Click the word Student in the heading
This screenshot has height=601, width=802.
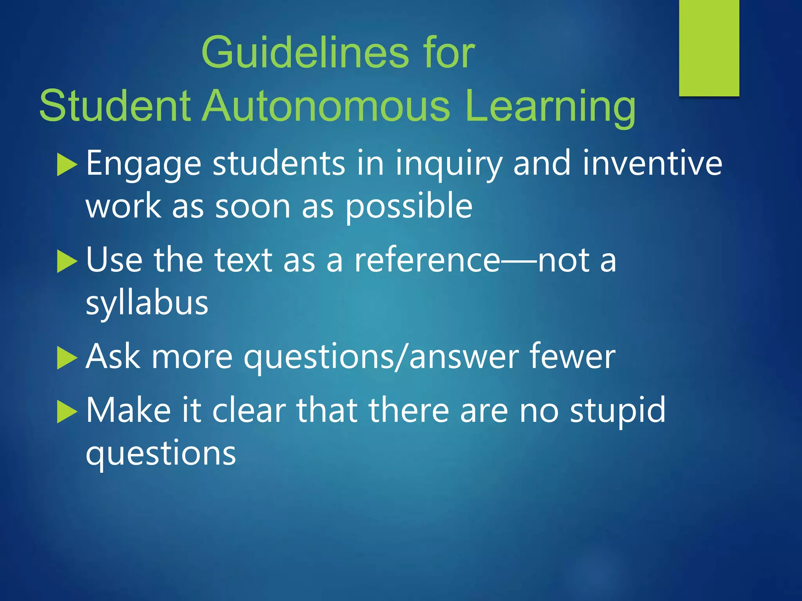[115, 106]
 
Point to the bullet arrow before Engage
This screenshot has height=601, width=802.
[67, 165]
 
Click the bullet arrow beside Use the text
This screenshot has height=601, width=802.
[67, 261]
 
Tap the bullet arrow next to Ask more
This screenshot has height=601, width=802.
[67, 358]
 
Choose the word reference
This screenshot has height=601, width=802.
[427, 260]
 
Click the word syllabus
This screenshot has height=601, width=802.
[147, 304]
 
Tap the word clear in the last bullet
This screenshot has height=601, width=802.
[249, 410]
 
